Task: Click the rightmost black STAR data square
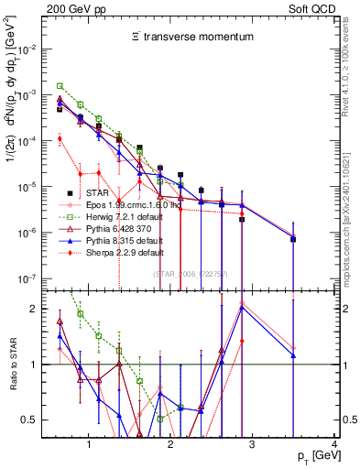tap(293, 239)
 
